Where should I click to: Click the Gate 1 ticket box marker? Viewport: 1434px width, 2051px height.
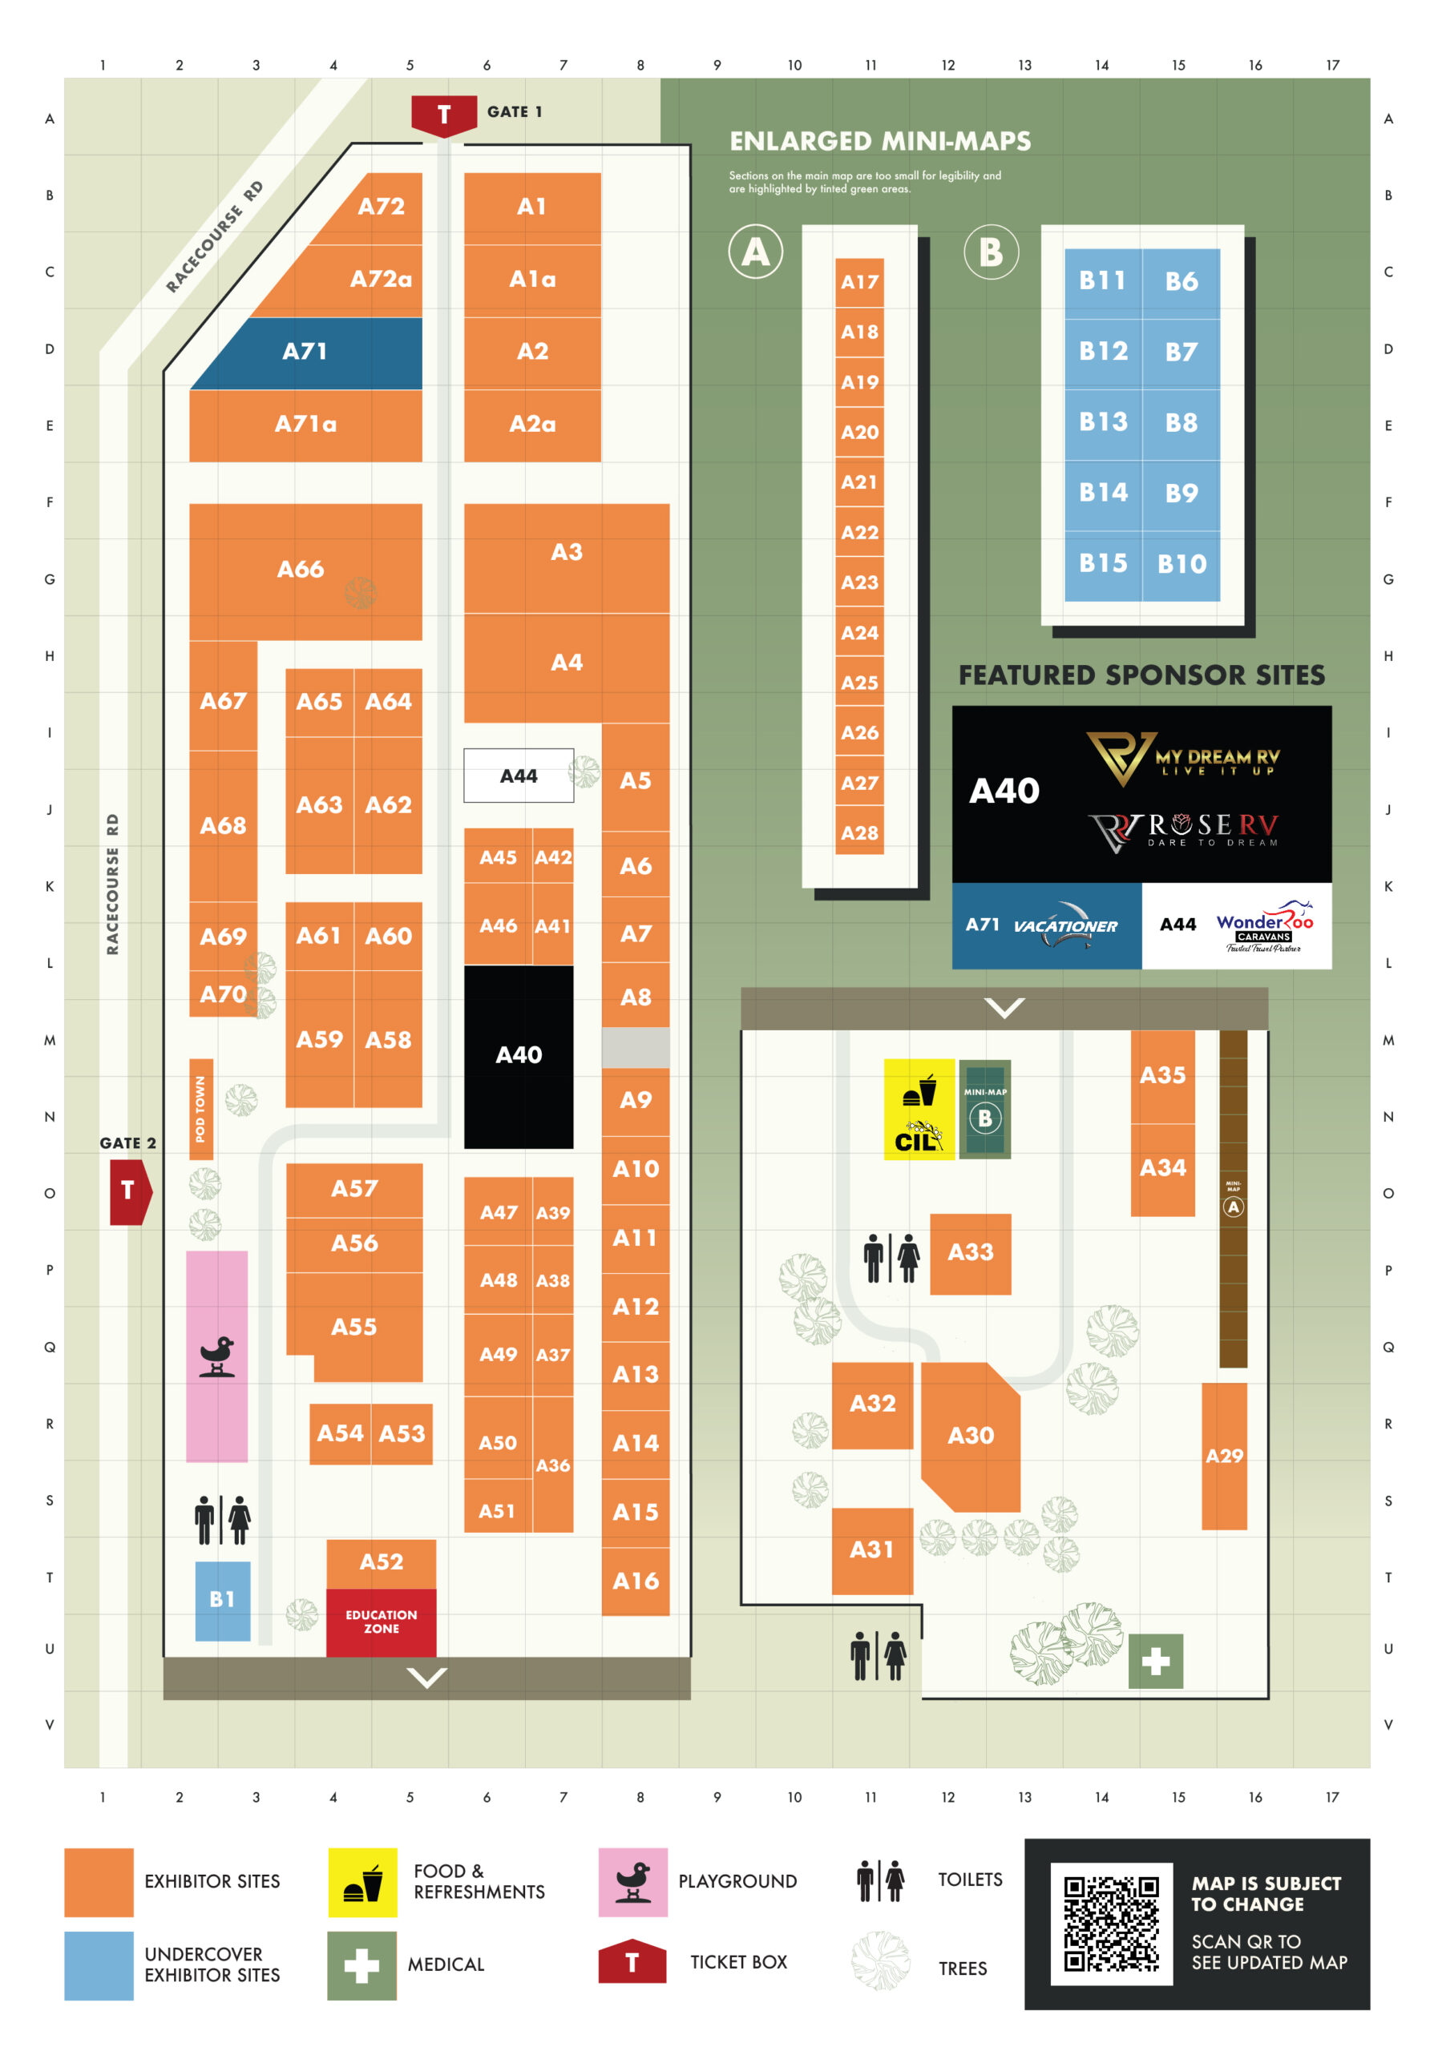[x=443, y=115]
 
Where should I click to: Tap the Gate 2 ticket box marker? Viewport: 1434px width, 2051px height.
[x=130, y=1191]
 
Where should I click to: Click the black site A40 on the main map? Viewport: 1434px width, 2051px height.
[x=518, y=1056]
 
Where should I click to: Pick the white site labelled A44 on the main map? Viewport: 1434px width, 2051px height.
[x=518, y=776]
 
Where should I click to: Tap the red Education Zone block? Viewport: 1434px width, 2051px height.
[x=381, y=1622]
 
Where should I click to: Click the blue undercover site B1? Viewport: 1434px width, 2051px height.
[x=223, y=1600]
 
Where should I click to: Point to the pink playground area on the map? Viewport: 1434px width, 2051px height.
[x=217, y=1355]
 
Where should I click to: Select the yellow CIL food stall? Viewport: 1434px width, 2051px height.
[x=919, y=1109]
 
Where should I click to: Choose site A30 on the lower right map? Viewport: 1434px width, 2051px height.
[x=971, y=1436]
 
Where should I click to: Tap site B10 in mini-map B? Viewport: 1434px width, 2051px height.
[x=1182, y=565]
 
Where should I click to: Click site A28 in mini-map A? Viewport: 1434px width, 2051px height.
[x=859, y=833]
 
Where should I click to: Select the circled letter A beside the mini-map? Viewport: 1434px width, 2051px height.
[x=755, y=252]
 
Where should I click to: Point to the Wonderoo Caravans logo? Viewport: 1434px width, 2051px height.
[x=1263, y=926]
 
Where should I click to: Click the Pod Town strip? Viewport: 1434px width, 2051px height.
[x=201, y=1109]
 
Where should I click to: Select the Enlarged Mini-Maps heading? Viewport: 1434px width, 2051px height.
[x=880, y=141]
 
